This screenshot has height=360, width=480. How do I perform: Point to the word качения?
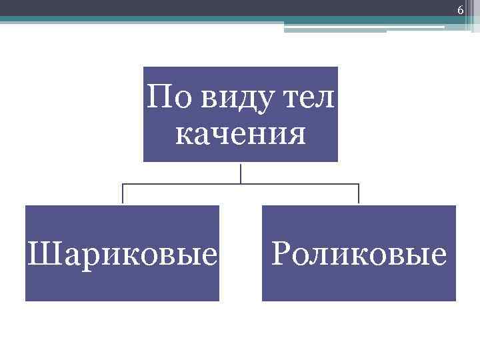click(241, 135)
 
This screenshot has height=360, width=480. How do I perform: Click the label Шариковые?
click(123, 255)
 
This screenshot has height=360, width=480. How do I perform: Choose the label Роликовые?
click(359, 255)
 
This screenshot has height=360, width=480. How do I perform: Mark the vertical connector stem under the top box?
click(241, 173)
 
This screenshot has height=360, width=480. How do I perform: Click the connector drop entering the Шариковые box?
click(123, 194)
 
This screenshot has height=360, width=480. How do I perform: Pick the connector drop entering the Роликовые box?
click(359, 194)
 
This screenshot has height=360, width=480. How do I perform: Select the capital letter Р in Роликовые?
click(281, 253)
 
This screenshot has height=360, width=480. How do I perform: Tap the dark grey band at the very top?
click(200, 7)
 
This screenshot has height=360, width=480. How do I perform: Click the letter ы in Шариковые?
click(191, 256)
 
